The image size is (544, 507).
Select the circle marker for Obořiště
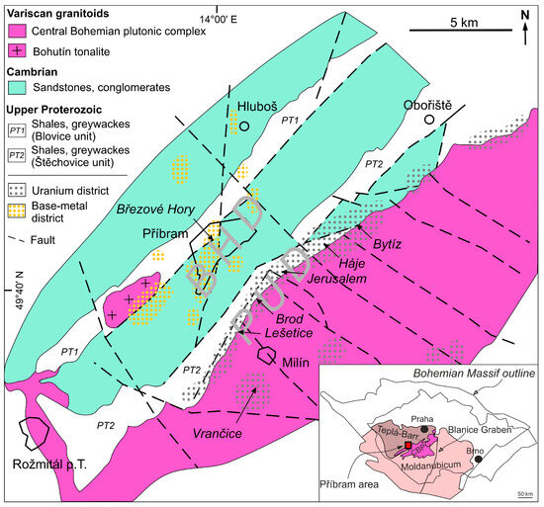tap(428, 120)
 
